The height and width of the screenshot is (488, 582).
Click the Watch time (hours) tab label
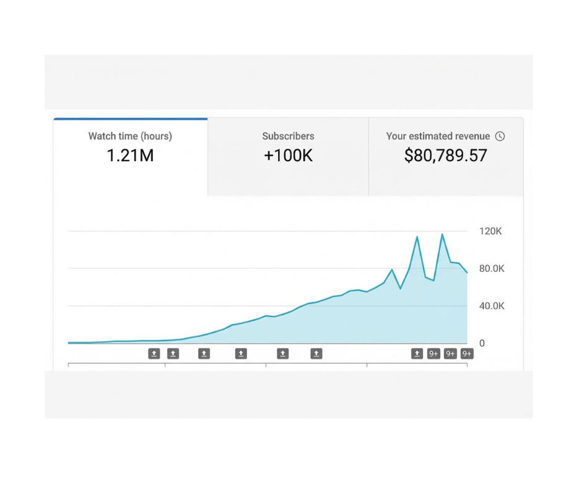130,136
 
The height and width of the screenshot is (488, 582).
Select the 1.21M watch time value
130,155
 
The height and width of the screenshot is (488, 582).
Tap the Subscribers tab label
288,136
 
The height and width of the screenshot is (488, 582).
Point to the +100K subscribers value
288,155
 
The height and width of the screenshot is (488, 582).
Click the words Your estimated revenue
438,136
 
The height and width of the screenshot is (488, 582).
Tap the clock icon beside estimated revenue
500,136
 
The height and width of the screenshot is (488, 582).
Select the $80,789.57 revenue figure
446,155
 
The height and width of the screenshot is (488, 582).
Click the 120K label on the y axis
491,232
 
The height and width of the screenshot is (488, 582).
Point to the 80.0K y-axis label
491,269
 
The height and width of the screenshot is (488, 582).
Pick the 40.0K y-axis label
491,306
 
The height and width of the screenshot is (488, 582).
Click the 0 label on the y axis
482,343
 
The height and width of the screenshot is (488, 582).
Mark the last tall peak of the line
442,234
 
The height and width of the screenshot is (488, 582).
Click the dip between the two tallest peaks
433,281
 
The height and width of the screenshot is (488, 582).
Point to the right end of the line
467,272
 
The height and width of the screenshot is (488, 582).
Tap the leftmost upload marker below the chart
154,354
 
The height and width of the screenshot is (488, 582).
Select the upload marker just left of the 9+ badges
417,354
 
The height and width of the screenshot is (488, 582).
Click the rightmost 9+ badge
467,354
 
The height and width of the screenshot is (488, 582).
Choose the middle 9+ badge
450,354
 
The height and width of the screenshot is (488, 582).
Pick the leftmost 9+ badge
433,354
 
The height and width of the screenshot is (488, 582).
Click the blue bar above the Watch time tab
130,118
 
